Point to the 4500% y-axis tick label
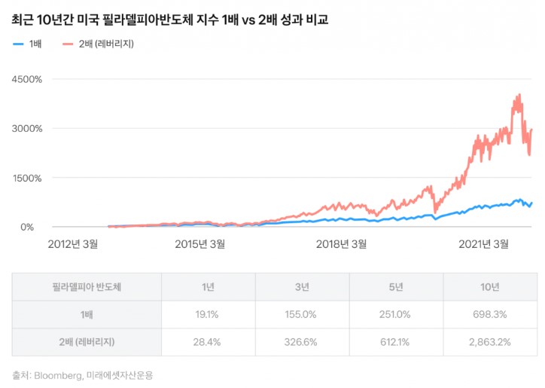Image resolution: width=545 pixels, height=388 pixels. point(26,78)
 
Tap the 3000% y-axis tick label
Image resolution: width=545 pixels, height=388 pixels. point(26,128)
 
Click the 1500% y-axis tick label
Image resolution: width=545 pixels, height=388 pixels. point(27,178)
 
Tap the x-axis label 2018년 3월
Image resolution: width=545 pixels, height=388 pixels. point(341,243)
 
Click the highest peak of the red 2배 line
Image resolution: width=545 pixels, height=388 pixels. point(519,96)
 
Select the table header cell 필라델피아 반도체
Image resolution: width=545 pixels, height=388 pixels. point(86,287)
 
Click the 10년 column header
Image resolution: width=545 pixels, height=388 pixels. point(489,287)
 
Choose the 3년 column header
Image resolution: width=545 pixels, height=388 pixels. point(302,287)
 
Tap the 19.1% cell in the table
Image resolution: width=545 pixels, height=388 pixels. point(208,315)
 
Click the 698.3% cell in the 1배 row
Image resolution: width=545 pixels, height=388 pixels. point(489,315)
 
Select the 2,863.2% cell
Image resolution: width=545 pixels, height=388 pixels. point(489,342)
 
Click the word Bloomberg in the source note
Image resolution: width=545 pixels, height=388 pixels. point(57,374)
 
